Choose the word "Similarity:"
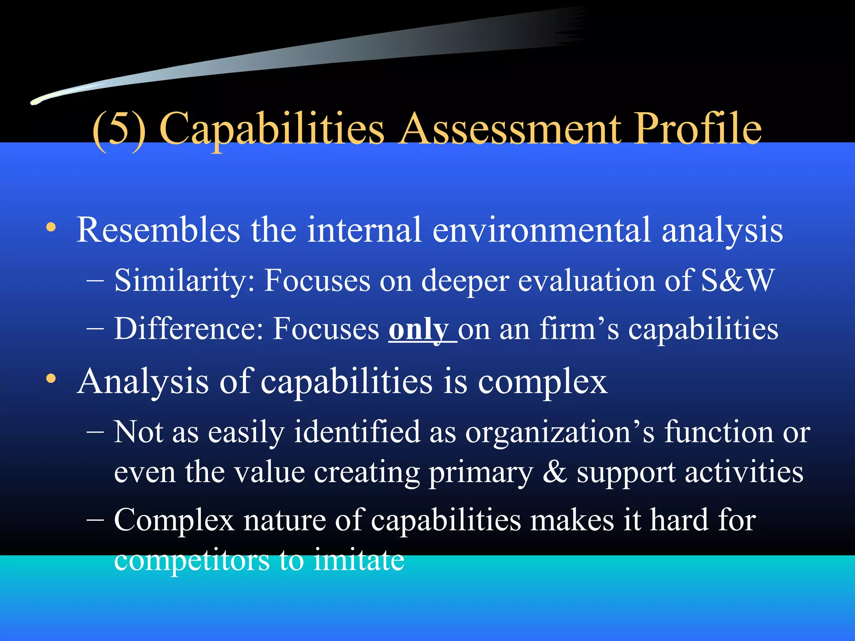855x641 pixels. click(184, 280)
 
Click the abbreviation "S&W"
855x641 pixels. click(737, 280)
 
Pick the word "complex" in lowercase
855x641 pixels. click(542, 382)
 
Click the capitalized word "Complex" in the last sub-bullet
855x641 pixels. click(174, 520)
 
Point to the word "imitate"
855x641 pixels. click(359, 560)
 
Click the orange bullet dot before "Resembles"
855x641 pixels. click(51, 227)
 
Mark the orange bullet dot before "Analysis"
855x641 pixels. click(51, 379)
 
